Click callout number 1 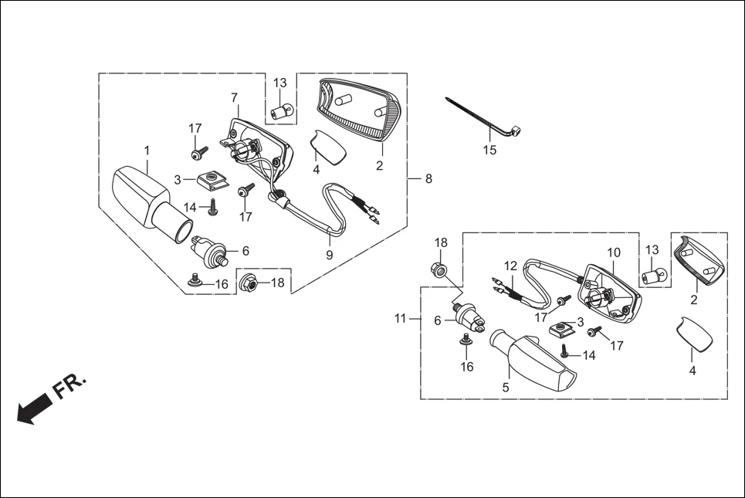click(x=147, y=149)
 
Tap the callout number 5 click(x=506, y=388)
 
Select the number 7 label click(x=234, y=97)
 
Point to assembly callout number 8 click(x=428, y=178)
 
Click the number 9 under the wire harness click(x=329, y=255)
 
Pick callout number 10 click(x=614, y=252)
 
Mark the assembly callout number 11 click(x=400, y=318)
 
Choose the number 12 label click(x=510, y=266)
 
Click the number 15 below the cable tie click(x=490, y=150)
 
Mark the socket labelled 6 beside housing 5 click(x=471, y=315)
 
